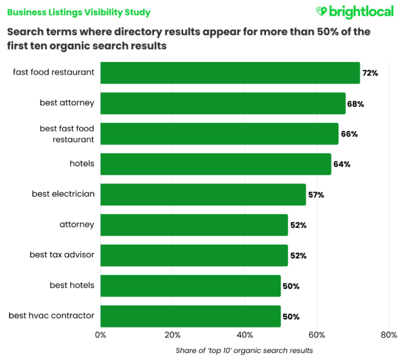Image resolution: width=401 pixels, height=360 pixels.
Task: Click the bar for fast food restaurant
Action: tap(230, 73)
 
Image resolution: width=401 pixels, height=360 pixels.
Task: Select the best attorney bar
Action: tap(222, 103)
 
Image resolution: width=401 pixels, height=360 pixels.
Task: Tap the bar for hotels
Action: tap(216, 164)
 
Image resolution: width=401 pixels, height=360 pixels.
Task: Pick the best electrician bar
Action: tap(203, 195)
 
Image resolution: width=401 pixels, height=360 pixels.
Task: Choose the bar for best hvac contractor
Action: tap(190, 316)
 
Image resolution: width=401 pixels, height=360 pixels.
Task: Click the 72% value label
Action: tap(370, 73)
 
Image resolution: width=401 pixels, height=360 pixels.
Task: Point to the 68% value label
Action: tap(355, 104)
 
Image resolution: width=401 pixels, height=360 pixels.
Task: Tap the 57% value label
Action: tap(315, 195)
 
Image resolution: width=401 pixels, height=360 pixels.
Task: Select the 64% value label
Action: tap(341, 165)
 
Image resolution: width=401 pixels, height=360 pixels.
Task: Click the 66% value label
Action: tap(348, 134)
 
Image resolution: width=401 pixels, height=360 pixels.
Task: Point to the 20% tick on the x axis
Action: tap(173, 335)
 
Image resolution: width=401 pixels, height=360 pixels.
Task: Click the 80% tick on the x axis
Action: tap(389, 335)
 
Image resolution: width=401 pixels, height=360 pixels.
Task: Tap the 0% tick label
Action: tap(100, 335)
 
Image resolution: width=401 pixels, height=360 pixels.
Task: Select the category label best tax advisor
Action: tap(62, 255)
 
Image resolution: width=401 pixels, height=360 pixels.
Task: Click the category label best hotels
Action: tap(72, 285)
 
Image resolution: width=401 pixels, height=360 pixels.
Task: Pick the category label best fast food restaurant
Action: tap(67, 134)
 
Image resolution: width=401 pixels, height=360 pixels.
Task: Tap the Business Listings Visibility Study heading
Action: tap(79, 12)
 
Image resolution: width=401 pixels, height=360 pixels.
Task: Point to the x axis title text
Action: tap(244, 350)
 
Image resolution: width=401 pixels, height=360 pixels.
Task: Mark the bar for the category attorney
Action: tap(194, 225)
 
